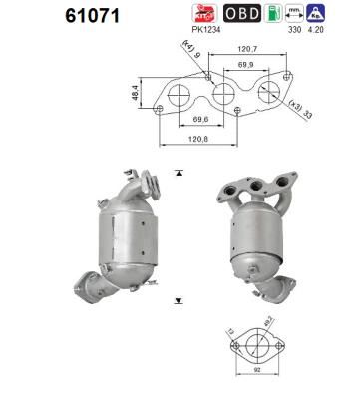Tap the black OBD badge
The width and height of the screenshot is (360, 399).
(x=243, y=13)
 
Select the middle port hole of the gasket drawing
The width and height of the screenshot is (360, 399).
(x=221, y=95)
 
